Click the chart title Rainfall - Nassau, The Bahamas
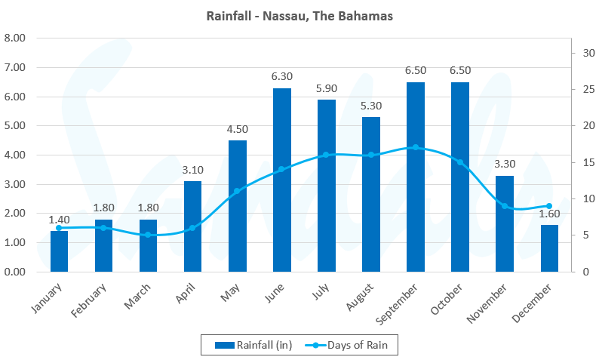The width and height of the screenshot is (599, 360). click(x=299, y=16)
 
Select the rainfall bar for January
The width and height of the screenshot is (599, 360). click(x=59, y=251)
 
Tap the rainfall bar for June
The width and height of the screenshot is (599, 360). click(x=281, y=180)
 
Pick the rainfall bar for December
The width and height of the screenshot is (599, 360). click(x=549, y=248)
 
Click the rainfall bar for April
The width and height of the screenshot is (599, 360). click(x=192, y=226)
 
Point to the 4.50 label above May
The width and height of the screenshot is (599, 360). click(x=237, y=129)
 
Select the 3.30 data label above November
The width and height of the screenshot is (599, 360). click(x=505, y=164)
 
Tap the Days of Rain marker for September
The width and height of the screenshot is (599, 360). click(x=415, y=147)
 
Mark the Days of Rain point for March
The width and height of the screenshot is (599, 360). click(x=148, y=235)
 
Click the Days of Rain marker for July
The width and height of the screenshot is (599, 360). click(x=326, y=155)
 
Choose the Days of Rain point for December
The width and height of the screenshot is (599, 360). click(x=549, y=206)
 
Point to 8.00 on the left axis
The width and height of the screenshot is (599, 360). click(x=15, y=38)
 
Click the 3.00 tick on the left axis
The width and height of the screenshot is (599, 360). click(x=15, y=184)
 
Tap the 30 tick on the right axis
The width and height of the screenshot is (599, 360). click(x=585, y=53)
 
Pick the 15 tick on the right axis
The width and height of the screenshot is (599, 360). click(x=585, y=162)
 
